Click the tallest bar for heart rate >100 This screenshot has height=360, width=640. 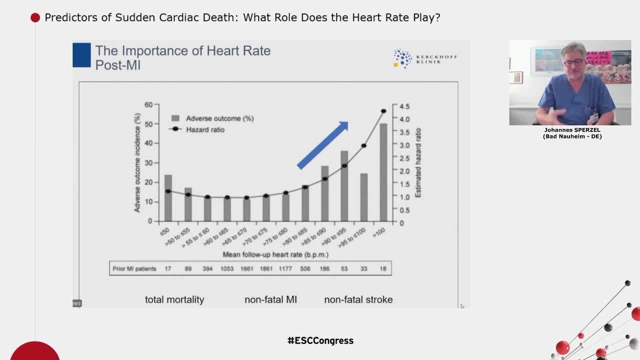click(x=383, y=172)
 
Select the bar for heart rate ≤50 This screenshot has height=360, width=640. click(x=168, y=198)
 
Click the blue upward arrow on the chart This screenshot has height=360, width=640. click(x=323, y=145)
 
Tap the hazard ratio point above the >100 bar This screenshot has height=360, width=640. click(x=383, y=111)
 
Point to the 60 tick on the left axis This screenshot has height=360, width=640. click(x=148, y=104)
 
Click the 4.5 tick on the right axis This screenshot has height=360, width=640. click(x=404, y=106)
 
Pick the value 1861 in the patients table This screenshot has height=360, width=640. click(x=266, y=268)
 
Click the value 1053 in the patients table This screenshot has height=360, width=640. click(x=227, y=268)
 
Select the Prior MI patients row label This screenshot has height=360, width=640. click(x=134, y=268)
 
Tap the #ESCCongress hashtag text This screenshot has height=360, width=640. click(x=320, y=340)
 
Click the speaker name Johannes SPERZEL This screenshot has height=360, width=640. click(x=572, y=130)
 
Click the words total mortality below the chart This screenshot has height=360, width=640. click(x=174, y=299)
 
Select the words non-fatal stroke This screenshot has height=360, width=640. click(x=358, y=299)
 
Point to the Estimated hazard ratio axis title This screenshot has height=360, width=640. click(x=418, y=163)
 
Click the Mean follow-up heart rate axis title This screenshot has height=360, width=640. click(x=275, y=254)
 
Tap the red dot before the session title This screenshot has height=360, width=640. click(x=35, y=18)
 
